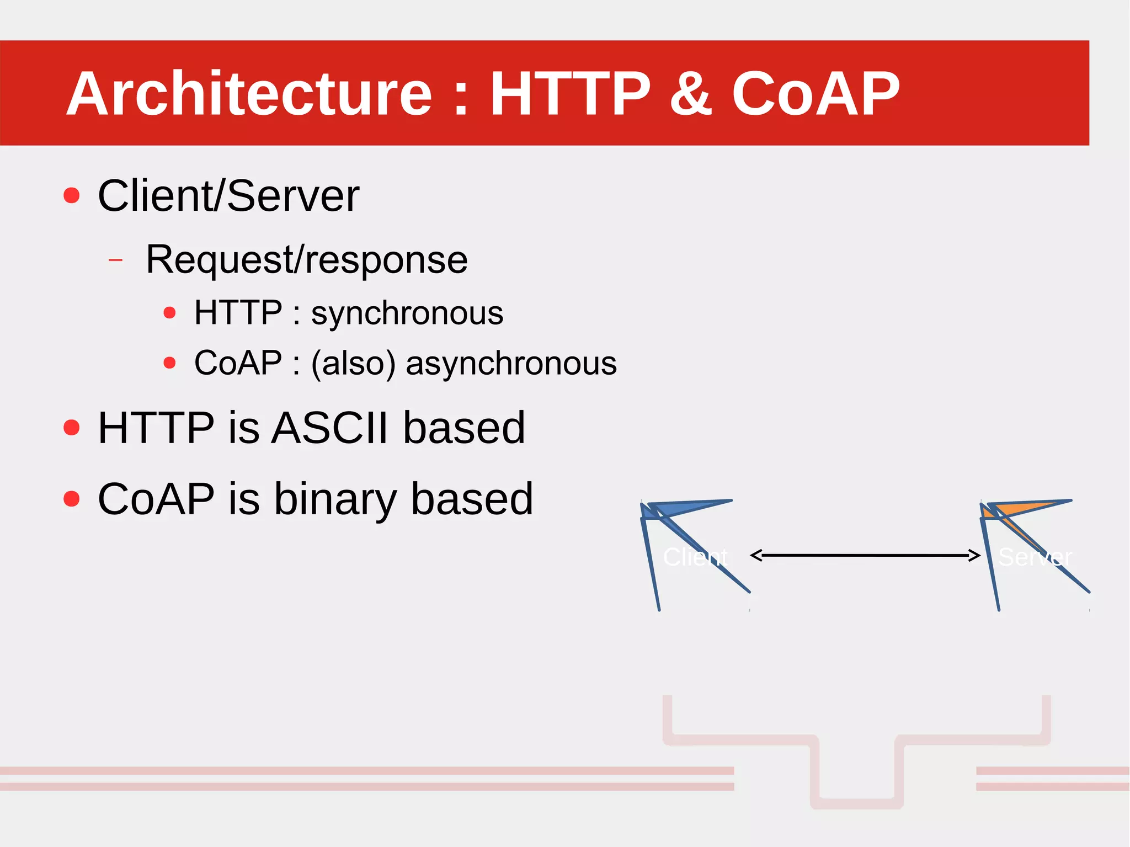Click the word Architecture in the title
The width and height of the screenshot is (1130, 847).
[x=249, y=94]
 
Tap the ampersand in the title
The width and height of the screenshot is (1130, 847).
[x=690, y=94]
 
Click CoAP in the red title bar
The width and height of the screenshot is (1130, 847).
[x=815, y=94]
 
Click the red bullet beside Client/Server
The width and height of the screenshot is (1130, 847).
[x=72, y=195]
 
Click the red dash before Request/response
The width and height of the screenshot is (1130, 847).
[x=116, y=259]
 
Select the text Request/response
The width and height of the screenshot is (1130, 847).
[x=306, y=259]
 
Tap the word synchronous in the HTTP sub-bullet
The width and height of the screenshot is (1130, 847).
[x=407, y=313]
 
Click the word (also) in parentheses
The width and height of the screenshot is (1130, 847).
[x=353, y=364]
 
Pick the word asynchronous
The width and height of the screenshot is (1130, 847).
[x=511, y=364]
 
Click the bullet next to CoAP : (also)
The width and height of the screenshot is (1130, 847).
[x=169, y=363]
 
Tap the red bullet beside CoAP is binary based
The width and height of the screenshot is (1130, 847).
[x=72, y=499]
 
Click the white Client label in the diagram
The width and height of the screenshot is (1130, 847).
[x=695, y=557]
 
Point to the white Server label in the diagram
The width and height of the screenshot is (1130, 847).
[x=1035, y=557]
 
